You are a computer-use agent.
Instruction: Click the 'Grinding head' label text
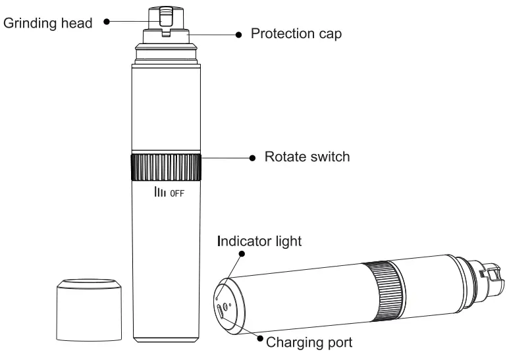(48, 23)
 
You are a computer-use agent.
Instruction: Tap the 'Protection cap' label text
(296, 34)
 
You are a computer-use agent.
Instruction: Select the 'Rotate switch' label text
(307, 157)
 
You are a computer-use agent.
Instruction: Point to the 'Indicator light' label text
(259, 241)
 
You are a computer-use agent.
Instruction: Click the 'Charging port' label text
(309, 342)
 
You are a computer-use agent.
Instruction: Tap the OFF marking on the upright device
(177, 193)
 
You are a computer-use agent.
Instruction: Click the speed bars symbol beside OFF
(160, 192)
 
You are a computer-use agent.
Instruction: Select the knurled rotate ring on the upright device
(166, 167)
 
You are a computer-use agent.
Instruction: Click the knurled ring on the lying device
(385, 290)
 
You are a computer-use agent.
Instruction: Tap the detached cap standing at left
(90, 310)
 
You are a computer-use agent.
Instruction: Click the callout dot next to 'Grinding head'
(107, 22)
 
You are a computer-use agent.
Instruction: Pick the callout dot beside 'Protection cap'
(238, 35)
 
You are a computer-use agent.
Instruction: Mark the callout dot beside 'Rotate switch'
(253, 158)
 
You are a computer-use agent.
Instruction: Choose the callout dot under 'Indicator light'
(242, 253)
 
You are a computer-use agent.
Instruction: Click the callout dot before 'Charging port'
(260, 338)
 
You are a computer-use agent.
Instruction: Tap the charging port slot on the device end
(220, 312)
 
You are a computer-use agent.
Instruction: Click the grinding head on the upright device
(165, 17)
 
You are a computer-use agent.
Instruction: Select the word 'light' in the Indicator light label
(288, 241)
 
